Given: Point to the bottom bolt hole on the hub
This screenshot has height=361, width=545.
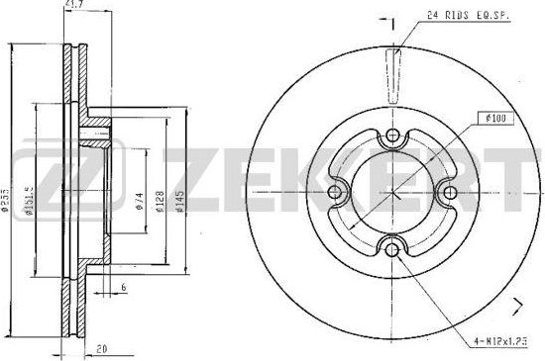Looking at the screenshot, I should tap(392, 248).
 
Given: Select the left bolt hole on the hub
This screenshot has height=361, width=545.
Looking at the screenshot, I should tap(336, 193).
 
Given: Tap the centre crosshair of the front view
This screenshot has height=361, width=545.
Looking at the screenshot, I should tap(392, 193).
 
